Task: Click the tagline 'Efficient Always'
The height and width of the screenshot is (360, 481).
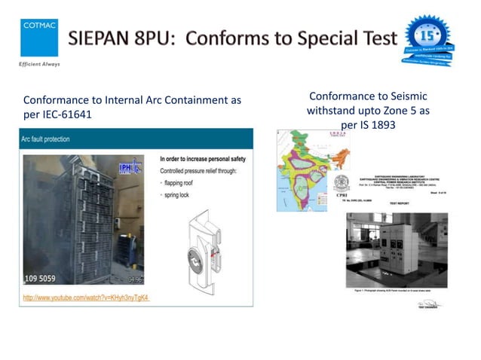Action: [39, 64]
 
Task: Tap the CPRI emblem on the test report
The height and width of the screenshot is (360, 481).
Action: [342, 184]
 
